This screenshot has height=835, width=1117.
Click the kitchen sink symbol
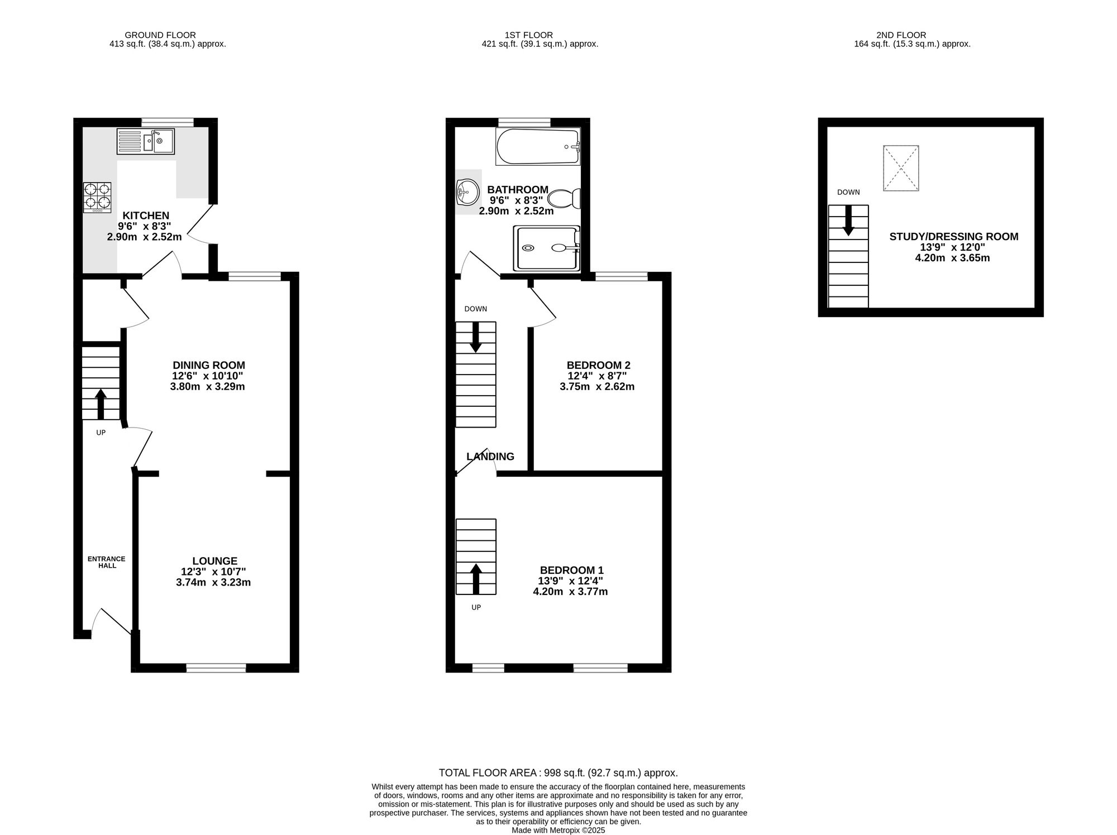[x=146, y=141]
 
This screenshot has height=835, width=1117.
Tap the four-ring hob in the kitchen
[x=97, y=197]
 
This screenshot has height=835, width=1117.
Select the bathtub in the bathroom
[x=538, y=146]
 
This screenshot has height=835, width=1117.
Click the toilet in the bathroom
[x=564, y=199]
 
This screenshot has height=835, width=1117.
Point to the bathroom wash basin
[x=467, y=192]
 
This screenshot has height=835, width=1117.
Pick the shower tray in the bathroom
[x=547, y=248]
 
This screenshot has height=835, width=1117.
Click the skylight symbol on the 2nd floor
[x=901, y=168]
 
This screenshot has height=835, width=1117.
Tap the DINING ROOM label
[x=208, y=366]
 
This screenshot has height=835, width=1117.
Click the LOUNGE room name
[x=214, y=561]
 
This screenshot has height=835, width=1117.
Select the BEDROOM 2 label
[x=598, y=365]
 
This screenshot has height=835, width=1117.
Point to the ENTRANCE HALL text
[x=107, y=562]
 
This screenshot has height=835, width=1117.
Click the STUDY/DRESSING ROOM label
[x=953, y=237]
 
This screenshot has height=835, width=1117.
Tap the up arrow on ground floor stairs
[x=101, y=404]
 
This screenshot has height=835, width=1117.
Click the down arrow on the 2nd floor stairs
[x=848, y=220]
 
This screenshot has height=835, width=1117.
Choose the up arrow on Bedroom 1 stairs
[x=476, y=578]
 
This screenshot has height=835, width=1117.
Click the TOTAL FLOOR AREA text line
[x=558, y=772]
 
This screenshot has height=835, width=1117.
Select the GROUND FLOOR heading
[x=160, y=35]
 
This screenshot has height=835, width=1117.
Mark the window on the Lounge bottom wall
[x=216, y=667]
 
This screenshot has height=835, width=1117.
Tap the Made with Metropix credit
[x=558, y=830]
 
